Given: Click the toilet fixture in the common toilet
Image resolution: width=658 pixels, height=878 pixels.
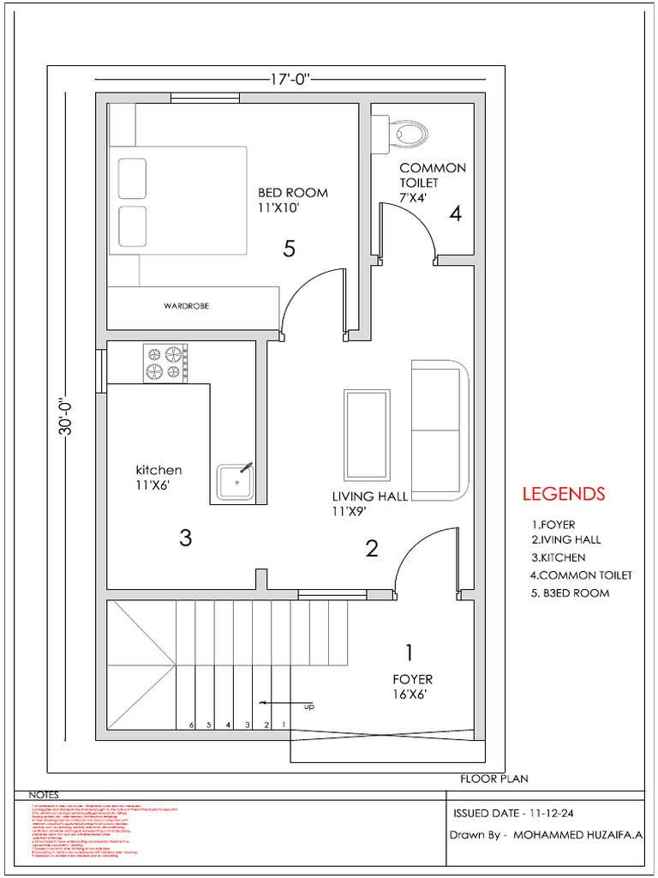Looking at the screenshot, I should coord(407,132).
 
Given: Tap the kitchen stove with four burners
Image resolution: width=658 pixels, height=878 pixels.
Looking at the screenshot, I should coord(165,362).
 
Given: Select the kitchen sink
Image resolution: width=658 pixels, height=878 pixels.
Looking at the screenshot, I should coord(235,483).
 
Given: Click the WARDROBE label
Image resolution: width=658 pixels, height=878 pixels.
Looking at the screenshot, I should coord(187,306).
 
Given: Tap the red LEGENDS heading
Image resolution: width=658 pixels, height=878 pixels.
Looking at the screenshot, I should coord(564,494).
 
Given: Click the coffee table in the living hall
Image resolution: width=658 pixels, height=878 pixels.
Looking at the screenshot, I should coord(368,435).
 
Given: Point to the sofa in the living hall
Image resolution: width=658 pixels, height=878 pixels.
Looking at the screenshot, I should coord(440,430).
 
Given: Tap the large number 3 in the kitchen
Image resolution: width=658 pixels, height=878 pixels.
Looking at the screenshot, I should coord(185,538).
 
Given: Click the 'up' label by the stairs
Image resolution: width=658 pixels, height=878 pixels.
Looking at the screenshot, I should coord(308,707).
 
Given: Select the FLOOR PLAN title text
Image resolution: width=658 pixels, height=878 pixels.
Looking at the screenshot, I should coord(493,779).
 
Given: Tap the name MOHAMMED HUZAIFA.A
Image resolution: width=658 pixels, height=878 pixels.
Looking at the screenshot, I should coord(579,834).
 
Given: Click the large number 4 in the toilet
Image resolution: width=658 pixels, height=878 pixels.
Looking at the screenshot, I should coord(455,213).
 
